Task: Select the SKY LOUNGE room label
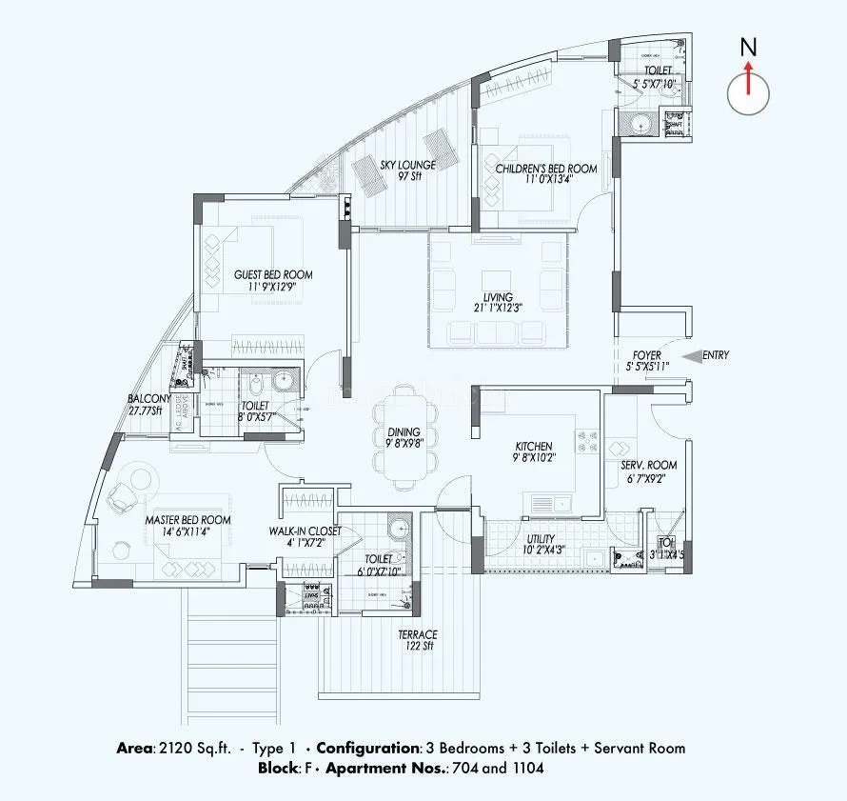[x=407, y=165]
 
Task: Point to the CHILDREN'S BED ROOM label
[x=545, y=169]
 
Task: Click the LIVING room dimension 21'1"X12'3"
[x=498, y=308]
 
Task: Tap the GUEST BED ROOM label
[x=273, y=274]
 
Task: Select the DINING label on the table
[x=404, y=432]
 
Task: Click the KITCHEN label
[x=533, y=446]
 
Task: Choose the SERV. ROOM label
[x=648, y=465]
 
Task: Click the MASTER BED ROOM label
[x=187, y=520]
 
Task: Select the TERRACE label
[x=418, y=634]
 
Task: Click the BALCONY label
[x=149, y=399]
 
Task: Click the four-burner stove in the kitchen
[x=585, y=442]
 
